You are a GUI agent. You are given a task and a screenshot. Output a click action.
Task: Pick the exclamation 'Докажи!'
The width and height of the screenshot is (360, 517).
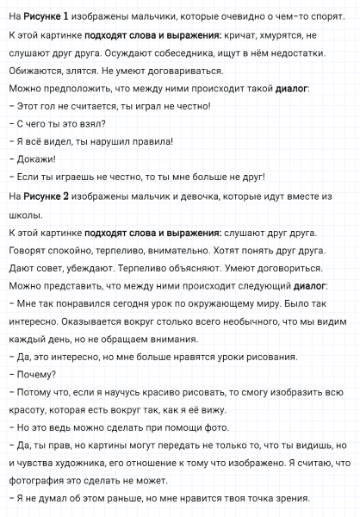pos(34,159)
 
